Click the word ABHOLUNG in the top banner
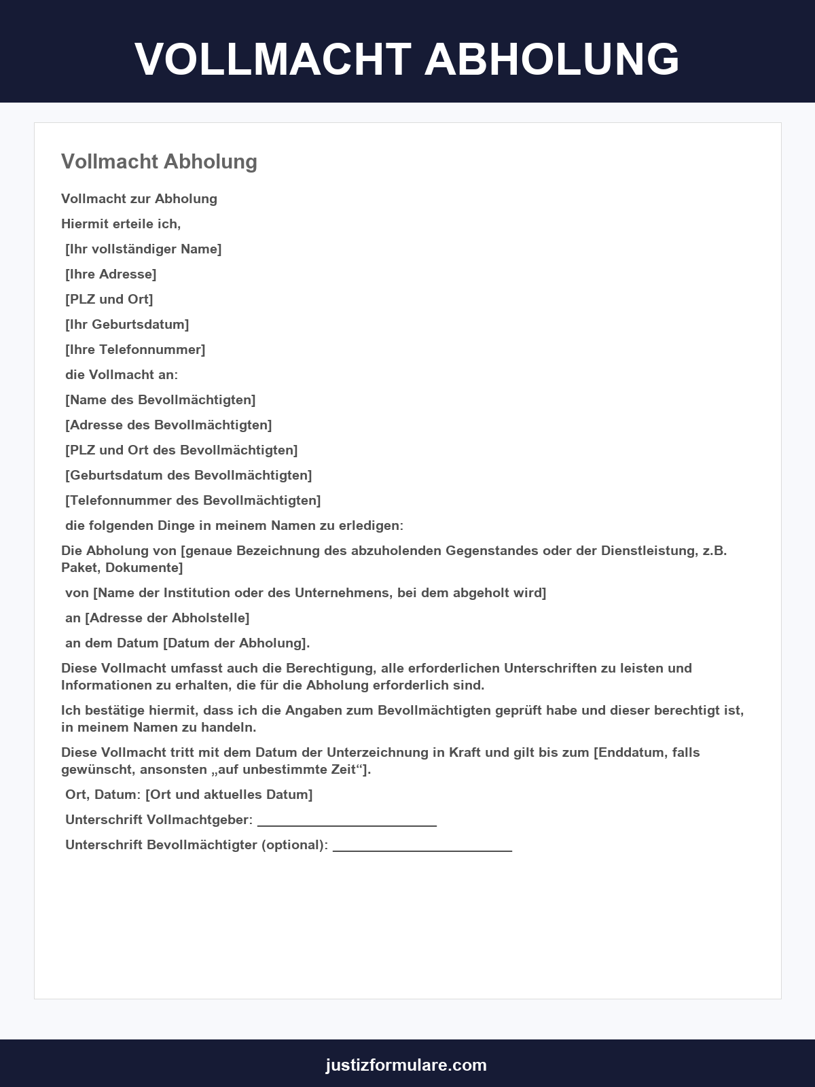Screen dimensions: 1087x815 tap(551, 59)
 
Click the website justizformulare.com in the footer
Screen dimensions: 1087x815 tap(406, 1065)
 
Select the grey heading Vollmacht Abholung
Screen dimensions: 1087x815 tap(159, 162)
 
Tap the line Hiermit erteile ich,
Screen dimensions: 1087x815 tap(121, 224)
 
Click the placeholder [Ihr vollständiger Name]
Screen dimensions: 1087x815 tap(143, 249)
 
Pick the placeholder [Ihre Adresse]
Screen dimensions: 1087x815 tap(111, 274)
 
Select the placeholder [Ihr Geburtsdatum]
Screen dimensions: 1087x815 tap(127, 324)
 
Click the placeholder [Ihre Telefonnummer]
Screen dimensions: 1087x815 tap(135, 349)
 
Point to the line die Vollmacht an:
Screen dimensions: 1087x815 tap(122, 374)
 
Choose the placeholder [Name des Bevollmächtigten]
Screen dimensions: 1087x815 tap(160, 399)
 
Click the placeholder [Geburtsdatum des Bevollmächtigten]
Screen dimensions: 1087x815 tap(189, 475)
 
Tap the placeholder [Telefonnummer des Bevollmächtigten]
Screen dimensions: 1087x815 tap(193, 500)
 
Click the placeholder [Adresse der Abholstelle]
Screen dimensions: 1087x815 tap(167, 618)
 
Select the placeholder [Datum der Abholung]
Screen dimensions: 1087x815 tap(236, 643)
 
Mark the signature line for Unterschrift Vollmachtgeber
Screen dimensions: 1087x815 tap(346, 823)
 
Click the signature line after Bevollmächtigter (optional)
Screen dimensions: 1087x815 tap(422, 849)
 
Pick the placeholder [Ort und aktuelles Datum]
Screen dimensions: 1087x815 tap(229, 794)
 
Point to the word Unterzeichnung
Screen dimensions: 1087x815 tap(384, 752)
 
